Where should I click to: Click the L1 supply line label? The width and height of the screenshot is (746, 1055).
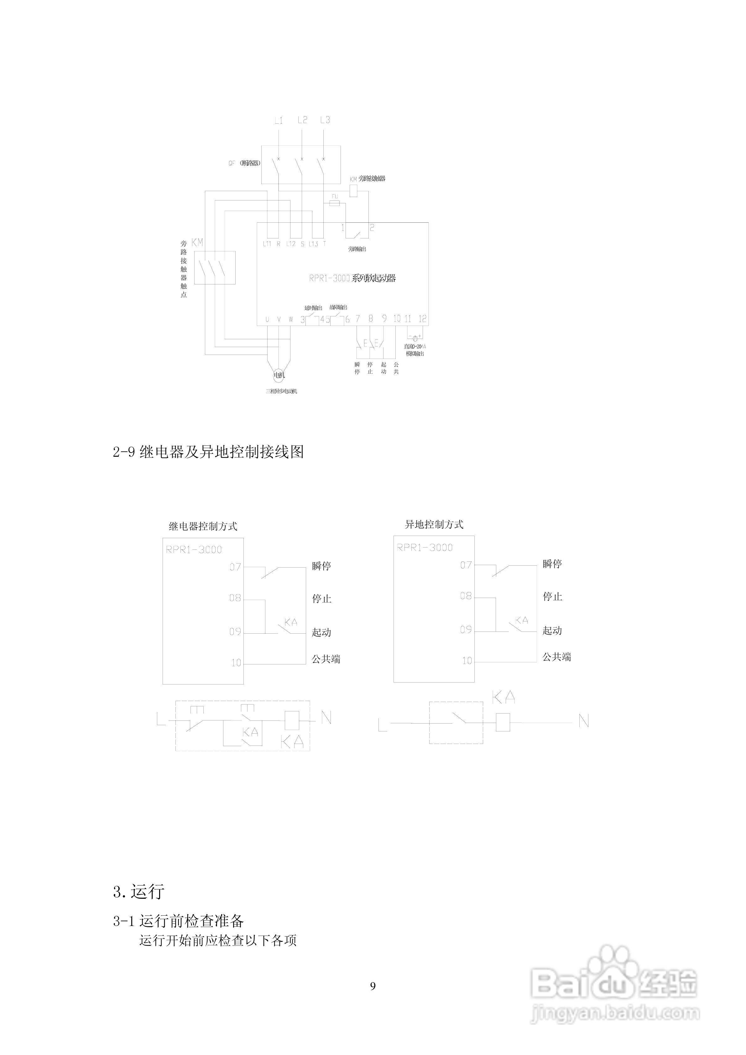pos(279,120)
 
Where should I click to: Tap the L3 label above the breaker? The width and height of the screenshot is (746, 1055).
pos(325,120)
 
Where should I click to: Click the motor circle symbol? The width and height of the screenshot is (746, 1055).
pos(279,375)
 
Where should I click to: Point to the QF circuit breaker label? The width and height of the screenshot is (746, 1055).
pos(244,163)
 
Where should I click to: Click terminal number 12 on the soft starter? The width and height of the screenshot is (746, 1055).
pos(422,319)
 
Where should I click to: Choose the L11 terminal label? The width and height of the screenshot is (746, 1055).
pos(267,244)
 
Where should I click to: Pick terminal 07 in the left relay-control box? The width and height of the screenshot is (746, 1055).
pos(235,567)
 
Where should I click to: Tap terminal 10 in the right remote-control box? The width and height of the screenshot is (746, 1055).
pos(467,661)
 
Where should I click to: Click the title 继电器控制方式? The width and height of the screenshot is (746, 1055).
pos(203,527)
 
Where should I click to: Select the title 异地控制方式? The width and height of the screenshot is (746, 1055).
pos(434,525)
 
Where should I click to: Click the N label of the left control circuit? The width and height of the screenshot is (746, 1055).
pos(326,717)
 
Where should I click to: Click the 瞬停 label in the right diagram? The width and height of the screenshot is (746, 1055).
pos(552,564)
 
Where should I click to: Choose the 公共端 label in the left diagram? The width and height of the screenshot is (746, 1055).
pos(326,659)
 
